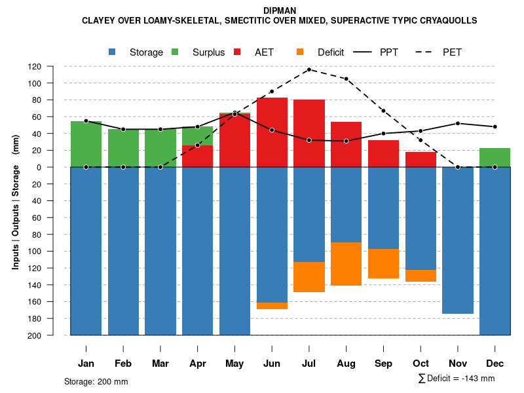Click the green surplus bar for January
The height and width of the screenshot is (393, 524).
86,144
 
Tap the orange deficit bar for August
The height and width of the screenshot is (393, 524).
346,264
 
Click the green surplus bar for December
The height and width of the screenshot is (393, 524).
495,157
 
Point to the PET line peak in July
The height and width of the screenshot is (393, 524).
309,69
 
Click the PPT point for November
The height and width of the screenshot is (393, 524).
458,123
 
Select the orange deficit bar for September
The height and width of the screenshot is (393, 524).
384,263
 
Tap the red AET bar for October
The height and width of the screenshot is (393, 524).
421,159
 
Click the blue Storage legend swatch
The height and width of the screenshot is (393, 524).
113,52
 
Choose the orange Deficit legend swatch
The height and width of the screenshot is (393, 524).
300,52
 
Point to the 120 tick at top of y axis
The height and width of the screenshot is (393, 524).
52,66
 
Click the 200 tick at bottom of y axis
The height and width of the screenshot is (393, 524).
52,335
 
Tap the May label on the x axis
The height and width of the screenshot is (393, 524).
234,364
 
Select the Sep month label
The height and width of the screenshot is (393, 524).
384,364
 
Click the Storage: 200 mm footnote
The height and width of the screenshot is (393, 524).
96,381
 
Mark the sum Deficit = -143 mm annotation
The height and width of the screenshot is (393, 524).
457,379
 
